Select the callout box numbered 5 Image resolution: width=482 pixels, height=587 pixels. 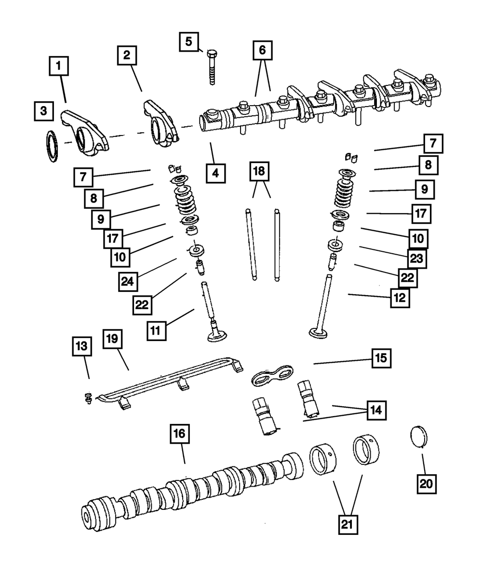pos(188,41)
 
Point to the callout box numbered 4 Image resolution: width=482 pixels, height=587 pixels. pos(215,173)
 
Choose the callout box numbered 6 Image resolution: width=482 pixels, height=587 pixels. pos(262,50)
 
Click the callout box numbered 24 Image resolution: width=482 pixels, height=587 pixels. pos(128,281)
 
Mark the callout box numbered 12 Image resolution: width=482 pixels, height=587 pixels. pos(400,298)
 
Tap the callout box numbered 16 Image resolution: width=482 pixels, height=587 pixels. pos(179,434)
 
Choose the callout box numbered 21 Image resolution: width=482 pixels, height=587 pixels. pos(348,524)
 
